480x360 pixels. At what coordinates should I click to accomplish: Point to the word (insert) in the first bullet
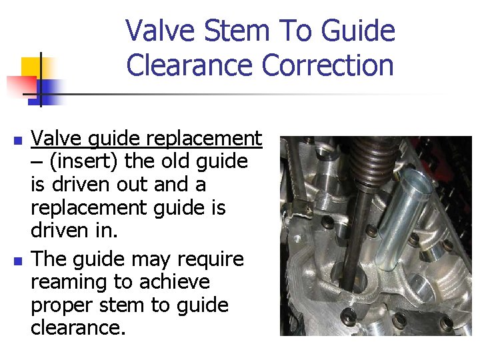(x=79, y=161)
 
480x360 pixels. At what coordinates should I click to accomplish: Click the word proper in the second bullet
(x=63, y=305)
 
